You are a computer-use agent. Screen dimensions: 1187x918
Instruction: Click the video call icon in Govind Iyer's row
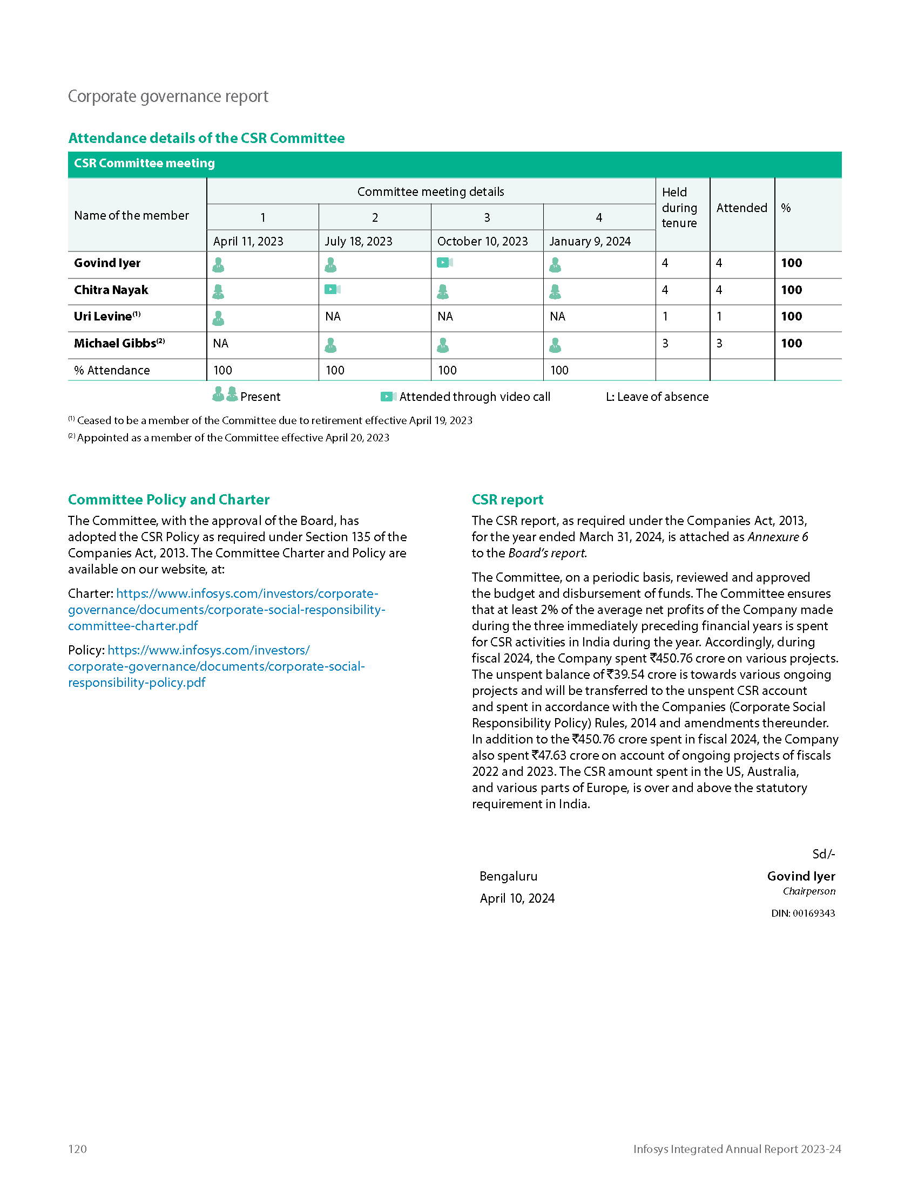point(444,263)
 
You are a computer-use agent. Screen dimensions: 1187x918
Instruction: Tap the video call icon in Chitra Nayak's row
point(332,290)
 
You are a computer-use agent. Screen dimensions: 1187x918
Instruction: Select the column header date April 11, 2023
point(248,241)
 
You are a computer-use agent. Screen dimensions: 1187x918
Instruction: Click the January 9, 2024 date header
point(590,241)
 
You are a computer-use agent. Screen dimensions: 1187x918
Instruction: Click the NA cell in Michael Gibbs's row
point(221,344)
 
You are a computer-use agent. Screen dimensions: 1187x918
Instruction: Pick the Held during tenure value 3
point(665,344)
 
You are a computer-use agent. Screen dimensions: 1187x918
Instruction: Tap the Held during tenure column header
point(679,208)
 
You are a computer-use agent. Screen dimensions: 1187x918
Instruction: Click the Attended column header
point(741,208)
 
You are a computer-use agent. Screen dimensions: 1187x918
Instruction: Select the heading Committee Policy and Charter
point(168,500)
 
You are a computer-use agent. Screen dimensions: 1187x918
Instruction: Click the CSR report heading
point(508,500)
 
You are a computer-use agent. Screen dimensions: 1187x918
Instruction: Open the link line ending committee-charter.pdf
point(133,626)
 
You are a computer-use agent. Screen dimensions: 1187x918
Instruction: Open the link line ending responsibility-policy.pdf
point(137,683)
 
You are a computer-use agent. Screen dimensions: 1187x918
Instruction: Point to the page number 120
point(77,1149)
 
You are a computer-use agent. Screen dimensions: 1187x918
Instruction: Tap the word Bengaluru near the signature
point(508,876)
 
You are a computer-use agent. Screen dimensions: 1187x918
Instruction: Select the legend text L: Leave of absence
point(657,397)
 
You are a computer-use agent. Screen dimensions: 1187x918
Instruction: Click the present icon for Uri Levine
point(218,318)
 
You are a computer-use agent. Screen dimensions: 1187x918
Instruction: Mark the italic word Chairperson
point(809,891)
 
